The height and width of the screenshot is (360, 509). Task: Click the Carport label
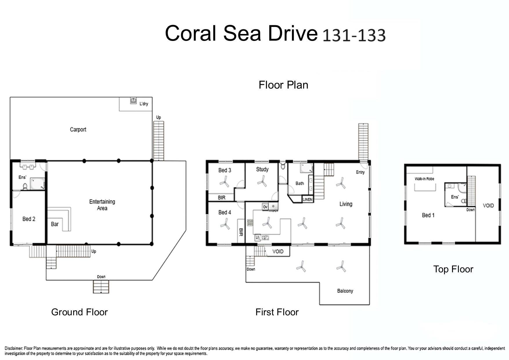pyautogui.click(x=78, y=129)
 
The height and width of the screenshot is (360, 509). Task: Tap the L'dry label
pyautogui.click(x=144, y=104)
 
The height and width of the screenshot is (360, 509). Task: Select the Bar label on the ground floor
pyautogui.click(x=55, y=224)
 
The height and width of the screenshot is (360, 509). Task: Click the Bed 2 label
pyautogui.click(x=29, y=219)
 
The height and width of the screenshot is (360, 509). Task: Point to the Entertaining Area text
pyautogui.click(x=102, y=205)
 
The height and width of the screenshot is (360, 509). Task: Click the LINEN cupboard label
pyautogui.click(x=308, y=199)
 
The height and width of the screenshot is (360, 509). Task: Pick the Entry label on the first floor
pyautogui.click(x=360, y=172)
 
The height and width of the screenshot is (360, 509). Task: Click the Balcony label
pyautogui.click(x=345, y=291)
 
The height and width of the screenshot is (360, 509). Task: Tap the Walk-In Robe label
pyautogui.click(x=424, y=179)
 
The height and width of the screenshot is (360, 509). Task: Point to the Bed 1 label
pyautogui.click(x=428, y=215)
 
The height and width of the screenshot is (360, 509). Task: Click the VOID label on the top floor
pyautogui.click(x=488, y=206)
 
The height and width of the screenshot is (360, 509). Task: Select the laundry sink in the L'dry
pyautogui.click(x=133, y=100)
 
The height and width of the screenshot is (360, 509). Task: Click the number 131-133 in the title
pyautogui.click(x=354, y=35)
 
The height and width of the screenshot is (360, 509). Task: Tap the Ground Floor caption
pyautogui.click(x=80, y=312)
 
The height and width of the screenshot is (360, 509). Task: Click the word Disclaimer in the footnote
pyautogui.click(x=14, y=348)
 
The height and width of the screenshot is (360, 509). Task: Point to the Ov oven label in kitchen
pyautogui.click(x=265, y=207)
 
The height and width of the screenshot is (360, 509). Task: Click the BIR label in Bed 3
pyautogui.click(x=221, y=198)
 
